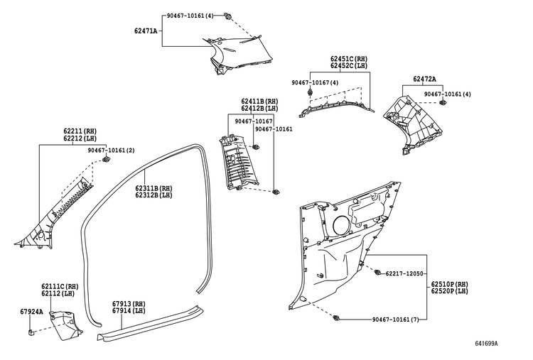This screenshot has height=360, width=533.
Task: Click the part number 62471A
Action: point(146,31)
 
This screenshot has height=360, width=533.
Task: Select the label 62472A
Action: point(424,79)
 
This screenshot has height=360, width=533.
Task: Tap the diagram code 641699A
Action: point(486,344)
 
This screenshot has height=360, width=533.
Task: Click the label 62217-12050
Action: point(404,273)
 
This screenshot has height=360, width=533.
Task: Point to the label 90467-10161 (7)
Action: point(395,320)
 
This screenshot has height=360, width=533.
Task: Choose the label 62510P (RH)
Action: point(449,284)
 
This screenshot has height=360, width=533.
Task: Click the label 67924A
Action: point(31,312)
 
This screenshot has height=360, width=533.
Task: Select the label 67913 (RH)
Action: point(129,304)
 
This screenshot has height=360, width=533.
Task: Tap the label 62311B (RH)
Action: point(154,188)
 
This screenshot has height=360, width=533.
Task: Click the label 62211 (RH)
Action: point(80,131)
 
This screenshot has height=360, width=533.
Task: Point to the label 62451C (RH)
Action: point(349,59)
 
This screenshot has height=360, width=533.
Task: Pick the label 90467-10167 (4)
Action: point(315,82)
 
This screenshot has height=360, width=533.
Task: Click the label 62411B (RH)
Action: point(259,102)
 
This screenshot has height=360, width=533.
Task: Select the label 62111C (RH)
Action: point(60,286)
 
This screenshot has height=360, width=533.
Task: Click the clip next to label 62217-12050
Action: point(377,273)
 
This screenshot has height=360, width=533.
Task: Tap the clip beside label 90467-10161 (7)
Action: point(337,319)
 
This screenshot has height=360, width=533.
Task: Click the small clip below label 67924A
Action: point(31,332)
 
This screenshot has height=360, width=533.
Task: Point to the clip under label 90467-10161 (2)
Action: point(107,159)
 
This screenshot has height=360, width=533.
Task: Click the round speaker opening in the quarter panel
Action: point(341,224)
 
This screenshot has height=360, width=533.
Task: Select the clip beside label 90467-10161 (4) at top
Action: point(227,16)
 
